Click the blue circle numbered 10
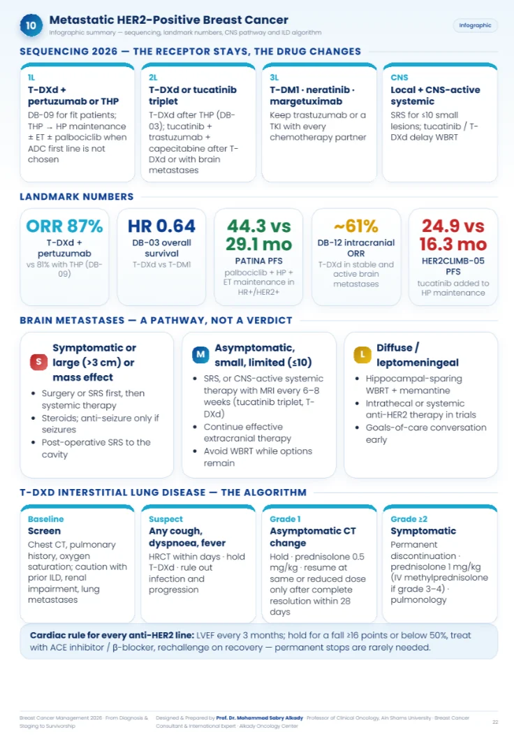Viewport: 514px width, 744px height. click(x=31, y=25)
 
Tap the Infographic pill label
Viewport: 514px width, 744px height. click(x=475, y=25)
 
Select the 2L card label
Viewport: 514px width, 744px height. click(x=153, y=78)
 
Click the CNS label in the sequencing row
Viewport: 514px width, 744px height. click(x=399, y=78)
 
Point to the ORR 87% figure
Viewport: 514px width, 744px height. click(x=64, y=226)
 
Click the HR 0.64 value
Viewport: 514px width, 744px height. click(x=162, y=226)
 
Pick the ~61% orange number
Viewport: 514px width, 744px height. click(x=356, y=226)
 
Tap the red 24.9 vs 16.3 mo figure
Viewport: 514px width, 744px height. click(x=453, y=235)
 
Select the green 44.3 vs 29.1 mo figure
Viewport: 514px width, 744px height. click(x=258, y=235)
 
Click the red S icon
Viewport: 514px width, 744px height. click(x=38, y=362)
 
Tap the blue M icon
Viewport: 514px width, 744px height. click(x=200, y=354)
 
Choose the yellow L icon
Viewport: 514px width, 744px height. click(x=362, y=354)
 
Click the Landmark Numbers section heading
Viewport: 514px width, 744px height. click(x=76, y=196)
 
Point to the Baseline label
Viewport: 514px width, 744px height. click(x=45, y=519)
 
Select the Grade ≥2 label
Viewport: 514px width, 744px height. click(x=409, y=519)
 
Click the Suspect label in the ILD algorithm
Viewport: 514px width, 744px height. click(x=166, y=519)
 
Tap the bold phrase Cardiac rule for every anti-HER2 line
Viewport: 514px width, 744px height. click(x=112, y=635)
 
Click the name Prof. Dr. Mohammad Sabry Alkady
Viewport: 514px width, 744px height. click(x=259, y=718)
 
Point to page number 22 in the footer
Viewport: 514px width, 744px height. click(x=495, y=722)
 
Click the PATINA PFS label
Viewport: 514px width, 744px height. click(x=258, y=261)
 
